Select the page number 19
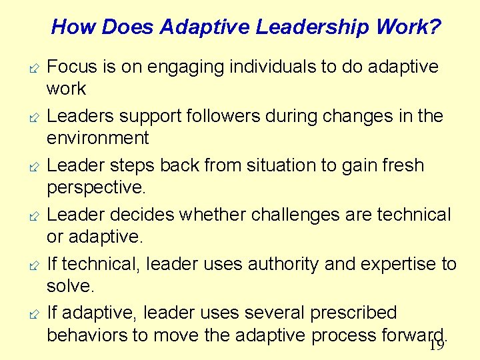437,345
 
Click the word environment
97,138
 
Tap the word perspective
95,187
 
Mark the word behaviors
91,335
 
